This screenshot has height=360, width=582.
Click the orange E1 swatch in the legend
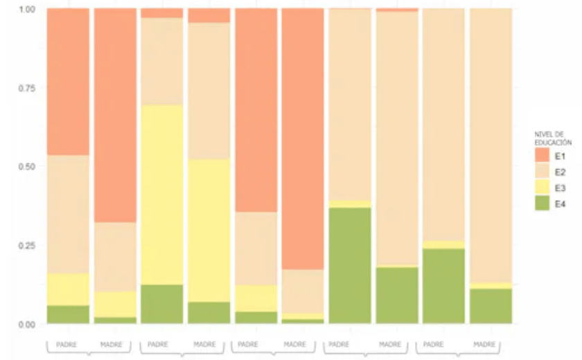(542, 155)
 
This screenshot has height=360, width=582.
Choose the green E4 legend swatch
(542, 203)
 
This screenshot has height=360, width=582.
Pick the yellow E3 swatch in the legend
(542, 187)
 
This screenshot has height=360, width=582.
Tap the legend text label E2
(560, 171)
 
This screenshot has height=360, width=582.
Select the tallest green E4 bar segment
(350, 265)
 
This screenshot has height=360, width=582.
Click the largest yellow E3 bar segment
(161, 195)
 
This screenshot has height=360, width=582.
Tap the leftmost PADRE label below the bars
(67, 344)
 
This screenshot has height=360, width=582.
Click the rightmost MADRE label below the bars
(484, 344)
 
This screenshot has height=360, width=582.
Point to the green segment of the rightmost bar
(491, 306)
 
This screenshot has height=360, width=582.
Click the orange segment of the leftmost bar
(68, 82)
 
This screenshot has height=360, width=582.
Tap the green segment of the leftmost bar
(68, 314)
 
